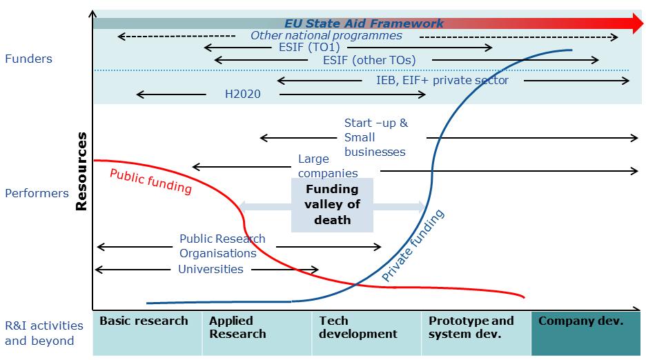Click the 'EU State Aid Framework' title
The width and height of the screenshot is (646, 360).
(364, 23)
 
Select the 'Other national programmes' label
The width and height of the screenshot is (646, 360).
(326, 36)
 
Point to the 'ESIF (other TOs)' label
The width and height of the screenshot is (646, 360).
(369, 61)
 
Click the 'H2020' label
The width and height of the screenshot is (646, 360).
(243, 94)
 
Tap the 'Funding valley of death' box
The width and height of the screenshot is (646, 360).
(332, 205)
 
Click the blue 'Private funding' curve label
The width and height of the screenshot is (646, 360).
(413, 246)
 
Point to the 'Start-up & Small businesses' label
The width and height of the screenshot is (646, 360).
(375, 137)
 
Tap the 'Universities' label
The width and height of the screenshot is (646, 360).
(211, 269)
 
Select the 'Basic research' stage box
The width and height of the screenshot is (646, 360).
(147, 333)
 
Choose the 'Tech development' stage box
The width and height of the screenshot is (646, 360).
(366, 333)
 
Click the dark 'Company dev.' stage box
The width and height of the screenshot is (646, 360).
(586, 333)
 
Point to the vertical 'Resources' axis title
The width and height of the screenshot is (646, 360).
(81, 170)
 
